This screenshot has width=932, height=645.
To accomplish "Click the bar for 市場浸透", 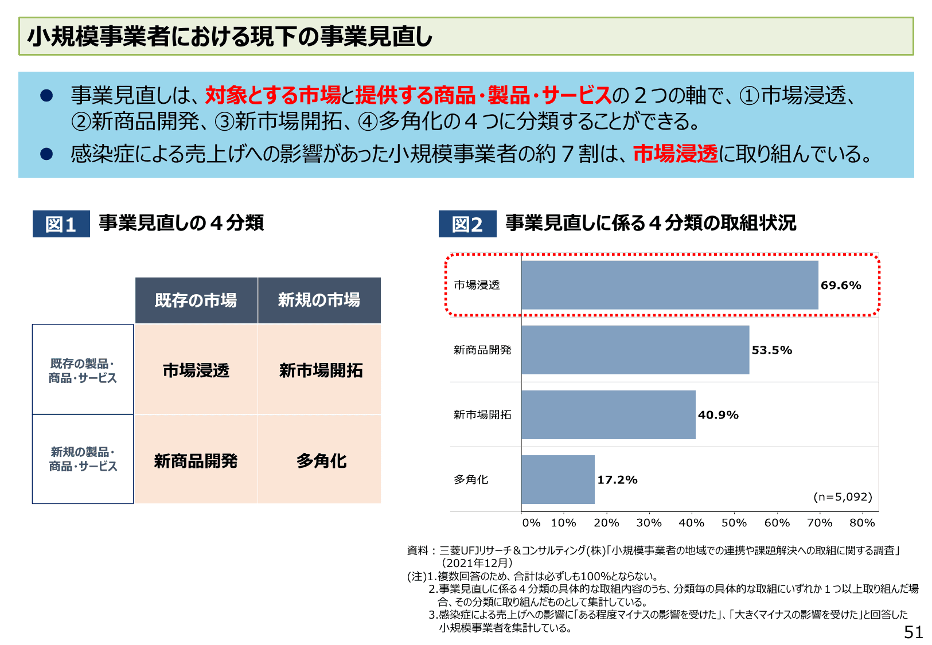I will click(x=669, y=285).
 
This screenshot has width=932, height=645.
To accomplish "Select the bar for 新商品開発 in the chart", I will click(x=635, y=350).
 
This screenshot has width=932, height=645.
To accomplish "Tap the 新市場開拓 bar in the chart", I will click(x=608, y=415).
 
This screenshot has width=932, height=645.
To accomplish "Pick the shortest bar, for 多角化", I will click(x=557, y=479).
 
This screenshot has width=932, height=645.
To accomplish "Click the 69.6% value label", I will click(x=841, y=286).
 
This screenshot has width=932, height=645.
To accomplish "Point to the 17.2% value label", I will click(x=617, y=480).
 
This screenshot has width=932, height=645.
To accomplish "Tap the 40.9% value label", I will click(x=718, y=415).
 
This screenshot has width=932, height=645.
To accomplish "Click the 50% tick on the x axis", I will click(x=734, y=523).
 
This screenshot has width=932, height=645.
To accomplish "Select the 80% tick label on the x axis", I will click(x=862, y=523).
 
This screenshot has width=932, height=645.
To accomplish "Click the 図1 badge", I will click(x=61, y=224).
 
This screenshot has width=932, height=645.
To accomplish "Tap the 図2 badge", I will click(x=467, y=224).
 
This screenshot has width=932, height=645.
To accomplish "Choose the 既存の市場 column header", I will click(x=196, y=300).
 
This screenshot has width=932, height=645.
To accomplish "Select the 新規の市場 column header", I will click(x=319, y=300).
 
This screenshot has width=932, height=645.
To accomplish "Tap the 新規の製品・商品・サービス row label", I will click(x=83, y=459).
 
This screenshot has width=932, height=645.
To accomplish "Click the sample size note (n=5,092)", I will click(x=843, y=497).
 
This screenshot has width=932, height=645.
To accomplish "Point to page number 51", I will click(x=913, y=632).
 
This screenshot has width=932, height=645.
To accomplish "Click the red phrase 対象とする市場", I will click(x=273, y=95).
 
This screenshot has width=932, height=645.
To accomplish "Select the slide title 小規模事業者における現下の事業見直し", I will click(x=230, y=37).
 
